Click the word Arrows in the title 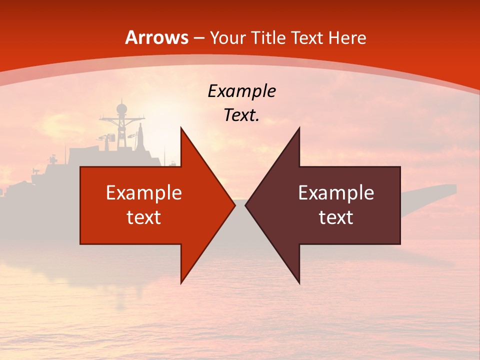click(x=156, y=37)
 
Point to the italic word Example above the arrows click(x=241, y=91)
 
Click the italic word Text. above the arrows click(x=241, y=115)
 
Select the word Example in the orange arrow click(x=143, y=192)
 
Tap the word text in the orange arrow click(x=143, y=217)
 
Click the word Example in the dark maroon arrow click(x=336, y=192)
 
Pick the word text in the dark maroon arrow click(x=336, y=217)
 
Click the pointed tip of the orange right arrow click(x=234, y=205)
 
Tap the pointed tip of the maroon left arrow click(x=245, y=205)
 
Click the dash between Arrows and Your click(x=198, y=38)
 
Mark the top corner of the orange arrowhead click(x=181, y=127)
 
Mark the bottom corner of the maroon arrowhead click(x=299, y=283)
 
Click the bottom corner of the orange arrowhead click(x=181, y=283)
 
